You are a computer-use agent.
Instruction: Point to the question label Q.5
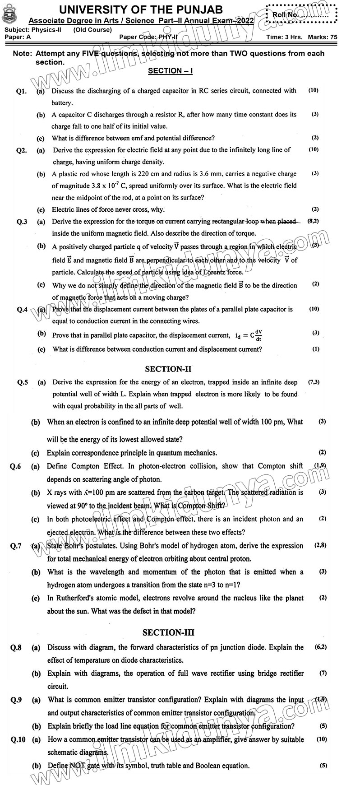pos(23,382)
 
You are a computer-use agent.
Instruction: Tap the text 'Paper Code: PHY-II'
pos(147,37)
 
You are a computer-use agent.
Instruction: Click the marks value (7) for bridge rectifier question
pos(323,673)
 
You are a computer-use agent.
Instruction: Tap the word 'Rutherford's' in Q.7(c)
pos(76,598)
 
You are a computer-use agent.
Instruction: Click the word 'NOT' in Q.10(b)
pos(76,766)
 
